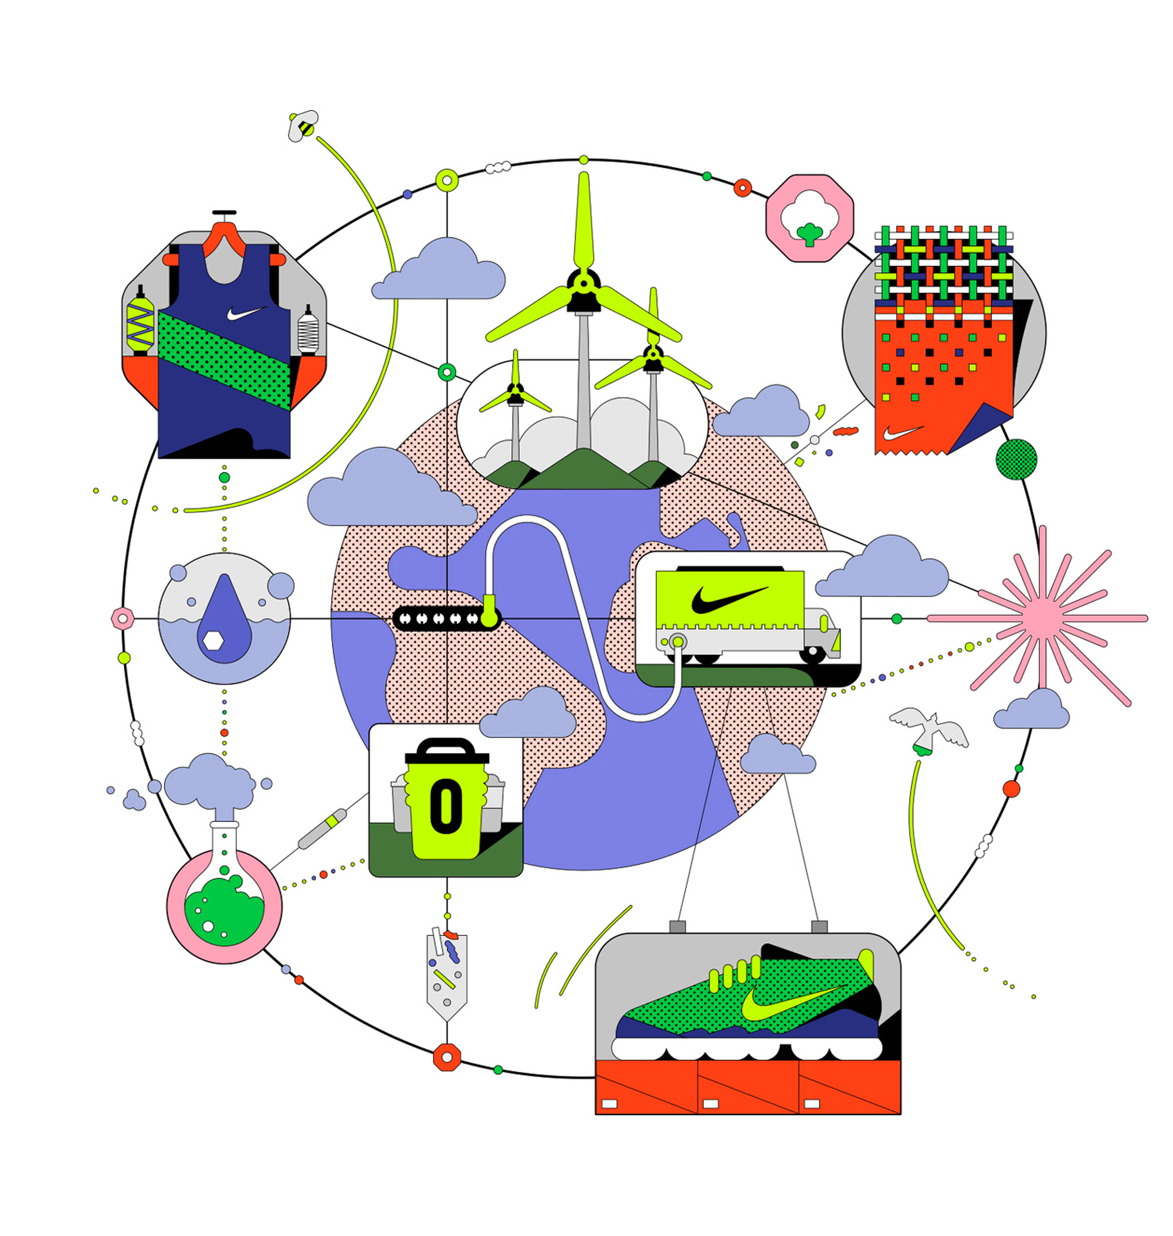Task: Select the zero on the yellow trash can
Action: tap(445, 806)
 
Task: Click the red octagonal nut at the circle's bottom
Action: tap(446, 1057)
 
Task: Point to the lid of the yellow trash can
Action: tap(446, 753)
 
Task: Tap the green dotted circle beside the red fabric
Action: tap(1016, 460)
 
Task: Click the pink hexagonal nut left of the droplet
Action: tap(123, 619)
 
